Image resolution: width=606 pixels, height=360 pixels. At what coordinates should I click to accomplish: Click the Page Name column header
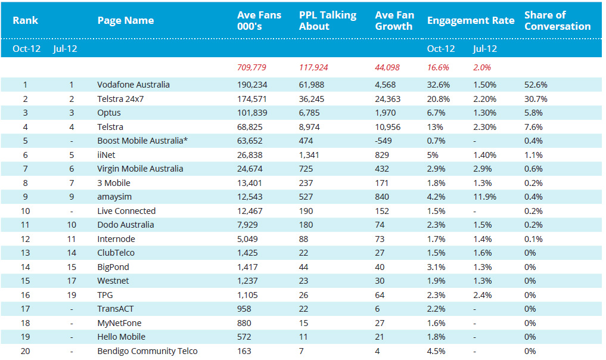126,20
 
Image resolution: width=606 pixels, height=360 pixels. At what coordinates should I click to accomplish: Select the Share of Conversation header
557,20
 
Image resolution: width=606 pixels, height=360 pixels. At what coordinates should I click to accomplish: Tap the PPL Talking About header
328,20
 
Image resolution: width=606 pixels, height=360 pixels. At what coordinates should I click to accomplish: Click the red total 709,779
251,68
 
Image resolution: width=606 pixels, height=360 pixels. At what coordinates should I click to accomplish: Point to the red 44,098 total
387,68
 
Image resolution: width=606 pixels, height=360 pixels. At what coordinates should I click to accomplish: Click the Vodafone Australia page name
133,85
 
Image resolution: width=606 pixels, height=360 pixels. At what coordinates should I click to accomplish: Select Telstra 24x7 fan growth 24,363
388,99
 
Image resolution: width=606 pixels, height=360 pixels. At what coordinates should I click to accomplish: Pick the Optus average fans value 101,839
252,113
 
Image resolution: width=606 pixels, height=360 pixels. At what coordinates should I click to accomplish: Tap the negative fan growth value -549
383,141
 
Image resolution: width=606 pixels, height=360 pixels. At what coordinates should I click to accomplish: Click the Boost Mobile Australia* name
142,141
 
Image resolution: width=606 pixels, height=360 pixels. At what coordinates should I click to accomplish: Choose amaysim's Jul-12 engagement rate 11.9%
484,197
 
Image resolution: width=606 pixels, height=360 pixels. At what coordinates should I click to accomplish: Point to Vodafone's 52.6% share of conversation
536,85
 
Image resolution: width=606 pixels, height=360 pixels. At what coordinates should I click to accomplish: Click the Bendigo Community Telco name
147,351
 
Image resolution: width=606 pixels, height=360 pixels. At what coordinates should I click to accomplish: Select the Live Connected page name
126,211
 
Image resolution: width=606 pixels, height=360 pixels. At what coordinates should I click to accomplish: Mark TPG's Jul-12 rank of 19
72,295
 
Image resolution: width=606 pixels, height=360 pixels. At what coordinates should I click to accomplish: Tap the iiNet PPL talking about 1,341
309,155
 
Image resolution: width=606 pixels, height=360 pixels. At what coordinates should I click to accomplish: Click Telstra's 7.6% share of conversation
533,127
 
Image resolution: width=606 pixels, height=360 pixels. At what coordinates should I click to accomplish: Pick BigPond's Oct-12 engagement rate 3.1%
436,267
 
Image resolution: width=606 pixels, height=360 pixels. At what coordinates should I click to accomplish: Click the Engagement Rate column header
471,20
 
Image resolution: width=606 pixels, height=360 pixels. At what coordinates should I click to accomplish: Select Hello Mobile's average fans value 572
244,337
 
